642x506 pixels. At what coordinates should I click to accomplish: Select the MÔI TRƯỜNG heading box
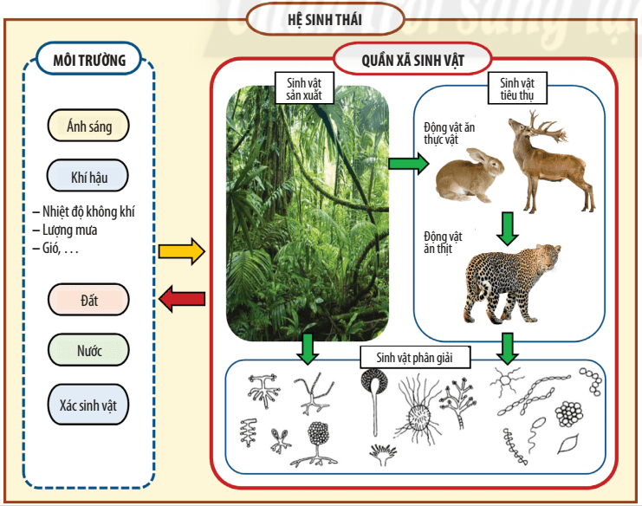click(89, 60)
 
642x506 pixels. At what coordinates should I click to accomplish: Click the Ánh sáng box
click(89, 126)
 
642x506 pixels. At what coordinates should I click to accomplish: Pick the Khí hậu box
click(89, 178)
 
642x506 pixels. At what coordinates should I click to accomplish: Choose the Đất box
click(89, 300)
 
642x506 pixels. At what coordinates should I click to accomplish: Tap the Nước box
click(89, 351)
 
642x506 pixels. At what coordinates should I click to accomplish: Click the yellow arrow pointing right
click(181, 252)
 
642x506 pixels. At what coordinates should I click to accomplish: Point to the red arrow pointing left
click(181, 299)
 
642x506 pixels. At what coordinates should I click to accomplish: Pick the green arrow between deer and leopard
click(508, 227)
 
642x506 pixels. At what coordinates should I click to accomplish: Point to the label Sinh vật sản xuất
click(304, 88)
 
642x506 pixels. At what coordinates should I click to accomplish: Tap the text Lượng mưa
click(70, 230)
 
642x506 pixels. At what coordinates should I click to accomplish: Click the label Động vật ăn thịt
click(443, 243)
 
